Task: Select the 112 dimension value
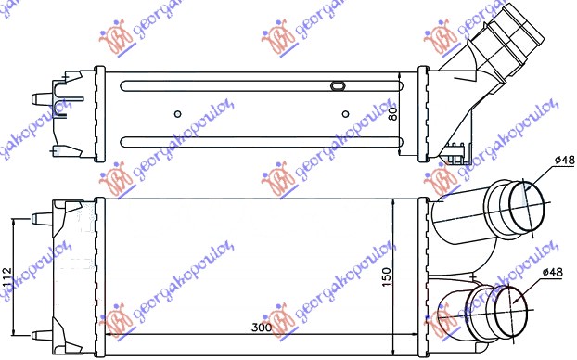coord(6,276)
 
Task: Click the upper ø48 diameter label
coord(563,161)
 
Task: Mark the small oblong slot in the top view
coord(337,87)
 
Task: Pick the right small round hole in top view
coord(345,115)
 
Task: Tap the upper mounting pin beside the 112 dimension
coord(41,218)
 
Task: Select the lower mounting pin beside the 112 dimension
coord(41,334)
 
